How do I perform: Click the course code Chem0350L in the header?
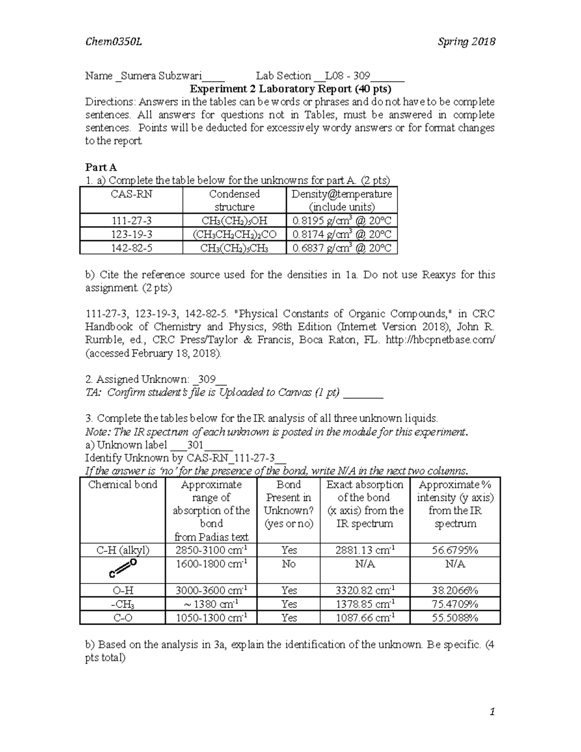113,42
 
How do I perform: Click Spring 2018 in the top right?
466,42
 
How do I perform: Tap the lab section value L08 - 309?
347,76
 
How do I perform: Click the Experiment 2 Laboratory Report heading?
290,89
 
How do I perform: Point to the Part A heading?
101,168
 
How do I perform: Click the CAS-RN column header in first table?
131,194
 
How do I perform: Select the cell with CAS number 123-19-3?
131,234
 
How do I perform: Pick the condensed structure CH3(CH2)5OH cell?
234,221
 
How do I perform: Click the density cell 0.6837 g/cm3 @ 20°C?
342,248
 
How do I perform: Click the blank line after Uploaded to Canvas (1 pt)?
363,393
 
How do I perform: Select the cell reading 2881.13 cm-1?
365,550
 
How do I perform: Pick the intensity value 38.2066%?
455,590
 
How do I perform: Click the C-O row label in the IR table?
122,617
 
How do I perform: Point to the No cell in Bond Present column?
288,564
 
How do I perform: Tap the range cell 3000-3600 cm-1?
211,590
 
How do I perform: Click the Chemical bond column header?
122,485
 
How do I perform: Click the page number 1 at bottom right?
492,711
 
